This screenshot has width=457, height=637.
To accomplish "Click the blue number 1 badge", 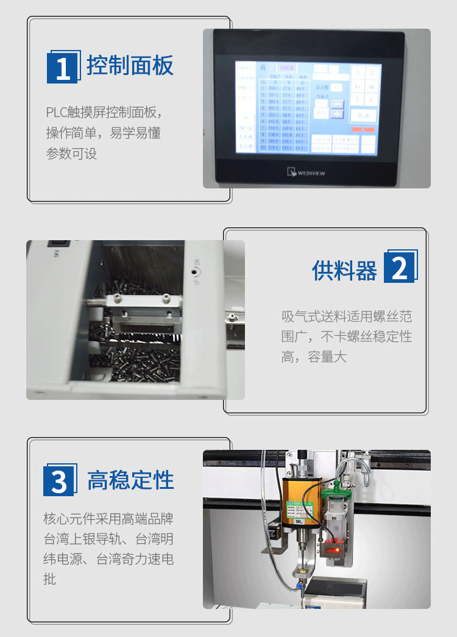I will [63, 68].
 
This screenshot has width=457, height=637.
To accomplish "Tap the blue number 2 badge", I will [399, 266].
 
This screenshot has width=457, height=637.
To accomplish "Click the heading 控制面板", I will [130, 65].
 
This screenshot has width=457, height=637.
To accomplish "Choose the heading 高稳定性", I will [130, 480].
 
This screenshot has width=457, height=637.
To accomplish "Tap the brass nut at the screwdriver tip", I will [299, 572].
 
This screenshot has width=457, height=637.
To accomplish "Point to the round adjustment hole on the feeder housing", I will [196, 271].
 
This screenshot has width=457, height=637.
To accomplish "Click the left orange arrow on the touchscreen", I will [356, 130].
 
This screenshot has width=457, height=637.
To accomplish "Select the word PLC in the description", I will [54, 113].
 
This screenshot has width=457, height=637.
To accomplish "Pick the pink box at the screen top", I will [286, 68].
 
